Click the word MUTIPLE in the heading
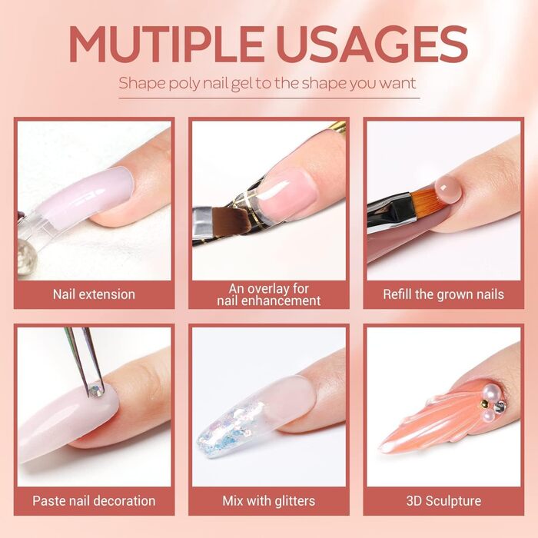coord(166,44)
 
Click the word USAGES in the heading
coord(374,44)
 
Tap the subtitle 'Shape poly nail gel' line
coord(267,83)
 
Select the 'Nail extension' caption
coord(94,294)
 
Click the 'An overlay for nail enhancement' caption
coord(269,294)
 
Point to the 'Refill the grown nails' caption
coord(443,294)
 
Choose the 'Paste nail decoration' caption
coord(94,500)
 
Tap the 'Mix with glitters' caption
coord(269,500)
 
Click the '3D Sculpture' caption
coord(443,500)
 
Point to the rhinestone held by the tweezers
coord(96,390)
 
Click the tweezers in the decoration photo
coord(85,359)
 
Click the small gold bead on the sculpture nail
coord(484,403)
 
